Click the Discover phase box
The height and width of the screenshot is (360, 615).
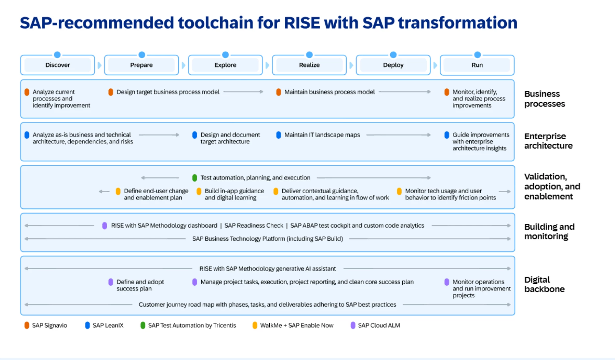coord(58,65)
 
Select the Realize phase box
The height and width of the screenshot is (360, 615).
coord(309,65)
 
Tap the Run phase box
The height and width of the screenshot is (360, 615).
coord(477,65)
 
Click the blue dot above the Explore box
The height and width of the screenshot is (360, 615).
coord(225,55)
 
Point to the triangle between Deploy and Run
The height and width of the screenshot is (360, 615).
coord(435,65)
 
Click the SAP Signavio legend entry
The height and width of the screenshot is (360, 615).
coord(46,325)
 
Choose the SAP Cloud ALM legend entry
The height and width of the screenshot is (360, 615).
coord(375,325)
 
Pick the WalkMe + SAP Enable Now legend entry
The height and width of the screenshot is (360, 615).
coord(293,325)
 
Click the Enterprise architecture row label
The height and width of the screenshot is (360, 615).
coord(548,141)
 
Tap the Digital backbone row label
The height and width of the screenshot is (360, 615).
coord(544,284)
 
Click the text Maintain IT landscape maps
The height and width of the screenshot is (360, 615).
coord(322,135)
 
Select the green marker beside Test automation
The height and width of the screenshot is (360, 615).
coord(195,178)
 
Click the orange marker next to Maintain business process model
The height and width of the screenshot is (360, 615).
coord(278,92)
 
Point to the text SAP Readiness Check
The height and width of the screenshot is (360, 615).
coord(254,225)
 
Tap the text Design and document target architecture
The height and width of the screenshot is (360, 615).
coord(230,138)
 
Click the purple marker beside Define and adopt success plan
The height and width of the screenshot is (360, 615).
coord(111,282)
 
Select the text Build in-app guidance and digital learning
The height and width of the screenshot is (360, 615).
coord(234,194)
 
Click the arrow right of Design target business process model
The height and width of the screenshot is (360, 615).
coord(243,92)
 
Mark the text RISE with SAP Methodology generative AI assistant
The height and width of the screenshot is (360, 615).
coord(267,269)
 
